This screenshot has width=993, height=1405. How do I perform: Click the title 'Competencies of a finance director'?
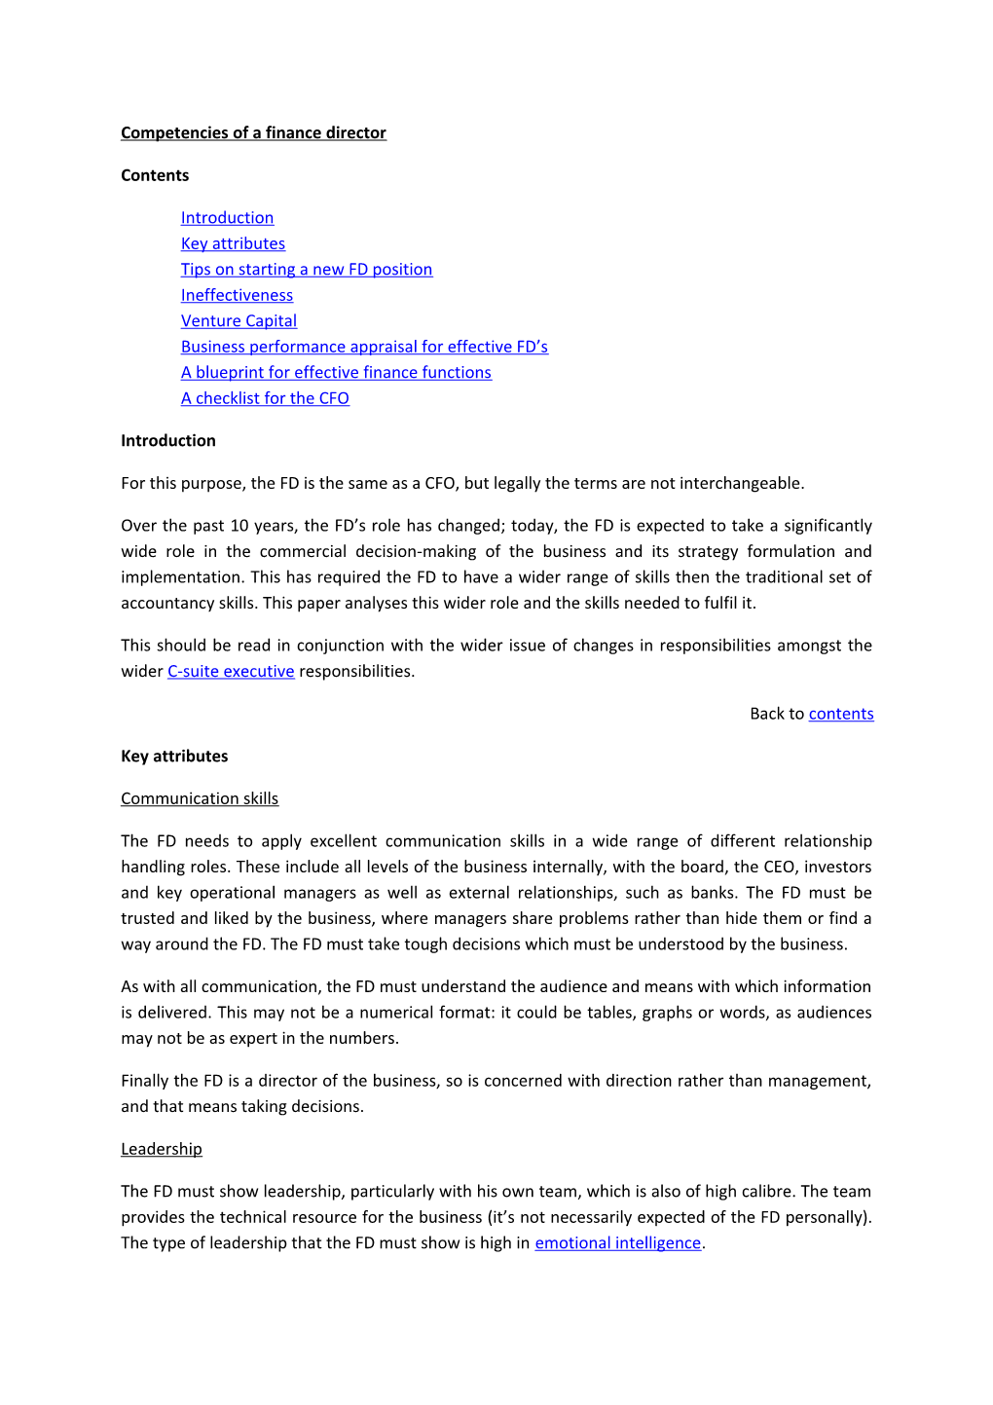pos(253,132)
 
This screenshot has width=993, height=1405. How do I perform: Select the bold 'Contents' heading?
pos(155,175)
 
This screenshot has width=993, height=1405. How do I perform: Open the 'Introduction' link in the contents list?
pos(227,218)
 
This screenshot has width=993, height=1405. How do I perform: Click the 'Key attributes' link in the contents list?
pos(233,243)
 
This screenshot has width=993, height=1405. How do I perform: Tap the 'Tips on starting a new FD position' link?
pos(307,270)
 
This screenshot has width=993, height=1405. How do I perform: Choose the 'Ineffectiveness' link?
pos(237,295)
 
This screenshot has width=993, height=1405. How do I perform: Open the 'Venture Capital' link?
pos(239,321)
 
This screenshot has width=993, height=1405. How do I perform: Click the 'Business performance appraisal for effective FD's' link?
pos(364,347)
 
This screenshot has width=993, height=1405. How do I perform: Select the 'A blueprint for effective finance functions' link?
pos(336,373)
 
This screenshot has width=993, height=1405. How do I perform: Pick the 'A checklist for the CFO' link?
pos(265,398)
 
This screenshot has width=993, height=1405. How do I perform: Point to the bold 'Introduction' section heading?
pos(168,441)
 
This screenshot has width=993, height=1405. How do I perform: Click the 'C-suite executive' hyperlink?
pos(231,672)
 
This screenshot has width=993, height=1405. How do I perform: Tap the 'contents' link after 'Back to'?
pos(841,714)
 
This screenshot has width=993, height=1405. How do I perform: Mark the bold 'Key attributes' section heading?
pos(174,757)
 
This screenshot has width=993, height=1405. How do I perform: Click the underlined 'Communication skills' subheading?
pos(200,799)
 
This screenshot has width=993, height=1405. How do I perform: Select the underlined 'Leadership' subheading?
pos(162,1150)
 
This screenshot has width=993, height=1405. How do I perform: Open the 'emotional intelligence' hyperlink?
pos(617,1243)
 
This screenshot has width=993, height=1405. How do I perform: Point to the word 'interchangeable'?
pos(740,484)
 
